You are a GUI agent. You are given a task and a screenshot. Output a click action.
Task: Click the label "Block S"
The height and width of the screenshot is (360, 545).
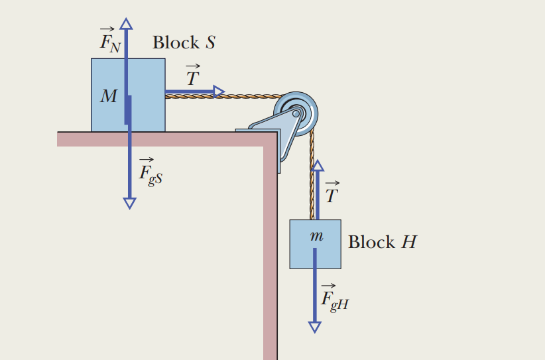tap(184, 43)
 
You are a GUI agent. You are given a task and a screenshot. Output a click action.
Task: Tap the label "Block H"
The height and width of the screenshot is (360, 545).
tap(382, 242)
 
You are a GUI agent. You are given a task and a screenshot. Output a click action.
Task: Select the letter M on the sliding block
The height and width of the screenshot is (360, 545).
tap(108, 97)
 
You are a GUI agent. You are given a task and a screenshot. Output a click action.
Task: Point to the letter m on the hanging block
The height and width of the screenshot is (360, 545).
tap(317, 236)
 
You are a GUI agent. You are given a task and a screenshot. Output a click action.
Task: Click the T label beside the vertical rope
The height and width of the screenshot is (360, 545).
tap(332, 192)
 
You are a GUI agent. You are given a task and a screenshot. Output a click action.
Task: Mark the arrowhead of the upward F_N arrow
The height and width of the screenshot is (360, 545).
tap(126, 23)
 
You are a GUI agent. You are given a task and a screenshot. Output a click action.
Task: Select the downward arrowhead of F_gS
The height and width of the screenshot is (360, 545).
tap(129, 203)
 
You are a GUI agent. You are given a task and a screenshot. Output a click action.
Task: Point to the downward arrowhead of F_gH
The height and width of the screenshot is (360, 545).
tap(314, 326)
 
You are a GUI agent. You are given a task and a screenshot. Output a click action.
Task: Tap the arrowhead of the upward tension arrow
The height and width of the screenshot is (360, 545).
tap(318, 165)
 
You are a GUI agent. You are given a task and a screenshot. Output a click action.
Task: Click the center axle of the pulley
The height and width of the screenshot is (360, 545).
tap(297, 111)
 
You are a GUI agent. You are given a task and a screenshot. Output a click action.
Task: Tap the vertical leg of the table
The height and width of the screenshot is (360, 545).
tap(269, 265)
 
